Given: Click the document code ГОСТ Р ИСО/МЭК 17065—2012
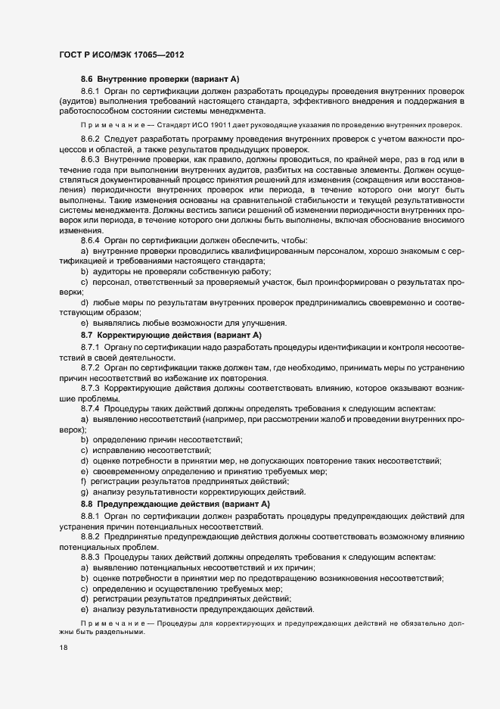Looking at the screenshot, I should tap(121, 55).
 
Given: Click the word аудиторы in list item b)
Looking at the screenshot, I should tap(111, 271).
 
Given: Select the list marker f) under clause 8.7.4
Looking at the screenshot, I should tap(83, 482).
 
